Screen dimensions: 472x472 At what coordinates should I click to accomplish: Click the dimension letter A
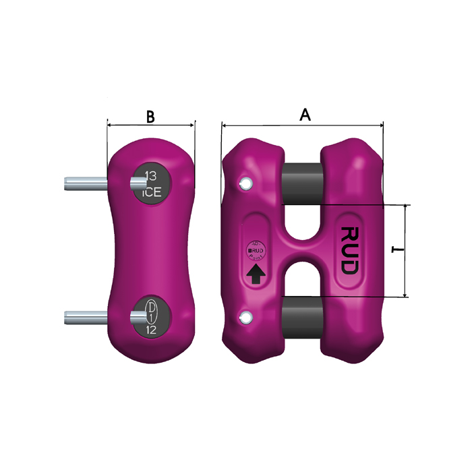pyautogui.click(x=305, y=115)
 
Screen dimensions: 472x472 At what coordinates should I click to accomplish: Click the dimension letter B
pyautogui.click(x=151, y=116)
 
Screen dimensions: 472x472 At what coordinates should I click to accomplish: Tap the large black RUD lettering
pyautogui.click(x=349, y=250)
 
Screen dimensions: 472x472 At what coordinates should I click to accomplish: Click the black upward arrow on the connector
pyautogui.click(x=256, y=274)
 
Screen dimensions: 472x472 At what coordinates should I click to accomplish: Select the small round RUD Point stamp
pyautogui.click(x=256, y=251)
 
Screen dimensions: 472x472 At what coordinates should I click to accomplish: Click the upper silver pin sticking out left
pyautogui.click(x=85, y=181)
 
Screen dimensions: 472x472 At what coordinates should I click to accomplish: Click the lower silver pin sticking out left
pyautogui.click(x=85, y=316)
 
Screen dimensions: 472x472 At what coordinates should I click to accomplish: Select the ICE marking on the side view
pyautogui.click(x=151, y=191)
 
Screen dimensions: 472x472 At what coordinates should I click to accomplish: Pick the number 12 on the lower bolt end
pyautogui.click(x=151, y=330)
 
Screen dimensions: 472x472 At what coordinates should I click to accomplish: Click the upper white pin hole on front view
pyautogui.click(x=246, y=183)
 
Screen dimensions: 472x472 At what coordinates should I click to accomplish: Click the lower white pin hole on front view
pyautogui.click(x=246, y=317)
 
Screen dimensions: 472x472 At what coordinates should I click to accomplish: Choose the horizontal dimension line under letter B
pyautogui.click(x=151, y=125)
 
